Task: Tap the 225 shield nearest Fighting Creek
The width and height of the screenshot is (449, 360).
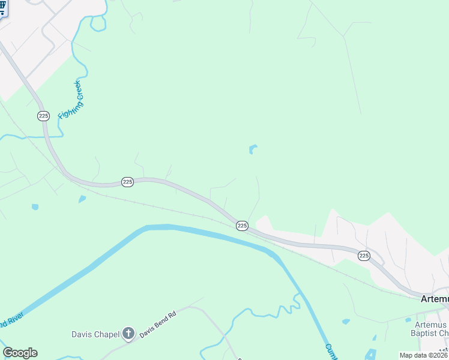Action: coord(43,115)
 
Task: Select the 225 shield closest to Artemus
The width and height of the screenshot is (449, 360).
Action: coord(364,256)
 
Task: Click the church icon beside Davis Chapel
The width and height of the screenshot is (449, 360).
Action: coord(128,334)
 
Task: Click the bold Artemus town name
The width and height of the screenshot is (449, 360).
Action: coord(434,298)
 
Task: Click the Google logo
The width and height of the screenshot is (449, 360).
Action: coord(20,353)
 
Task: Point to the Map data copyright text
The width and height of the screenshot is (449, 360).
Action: coord(424,355)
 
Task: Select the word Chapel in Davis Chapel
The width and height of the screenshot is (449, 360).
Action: coord(108,334)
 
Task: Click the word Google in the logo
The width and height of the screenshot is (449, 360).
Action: coord(20,353)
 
